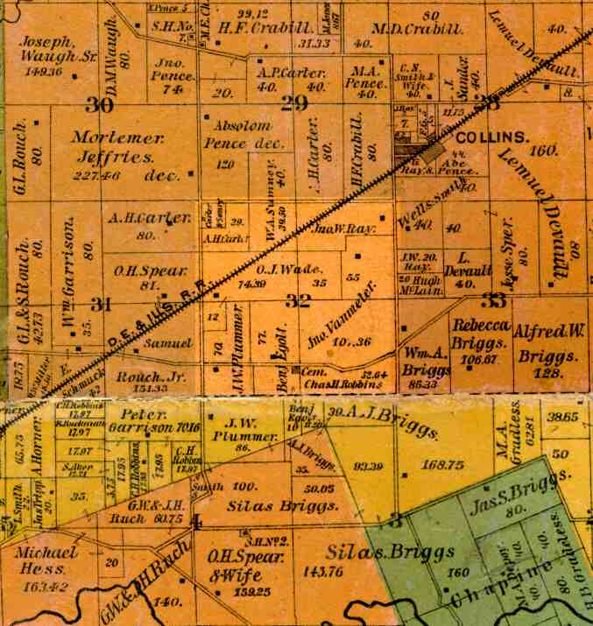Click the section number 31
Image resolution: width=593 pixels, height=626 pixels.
(x=102, y=304)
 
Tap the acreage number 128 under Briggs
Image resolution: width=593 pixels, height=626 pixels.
(x=547, y=372)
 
